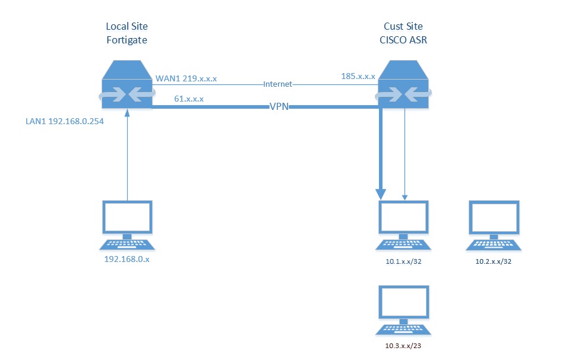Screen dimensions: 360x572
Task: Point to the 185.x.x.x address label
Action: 358,77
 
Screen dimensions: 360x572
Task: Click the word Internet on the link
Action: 277,85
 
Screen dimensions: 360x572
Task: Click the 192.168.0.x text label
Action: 126,260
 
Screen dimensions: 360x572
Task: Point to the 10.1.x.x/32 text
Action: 404,261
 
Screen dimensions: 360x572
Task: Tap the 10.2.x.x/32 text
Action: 494,261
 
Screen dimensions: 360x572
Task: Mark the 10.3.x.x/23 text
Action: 404,346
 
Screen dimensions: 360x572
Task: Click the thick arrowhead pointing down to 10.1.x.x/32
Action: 381,193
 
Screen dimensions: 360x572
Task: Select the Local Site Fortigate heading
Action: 127,33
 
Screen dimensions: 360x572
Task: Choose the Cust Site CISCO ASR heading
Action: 404,33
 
